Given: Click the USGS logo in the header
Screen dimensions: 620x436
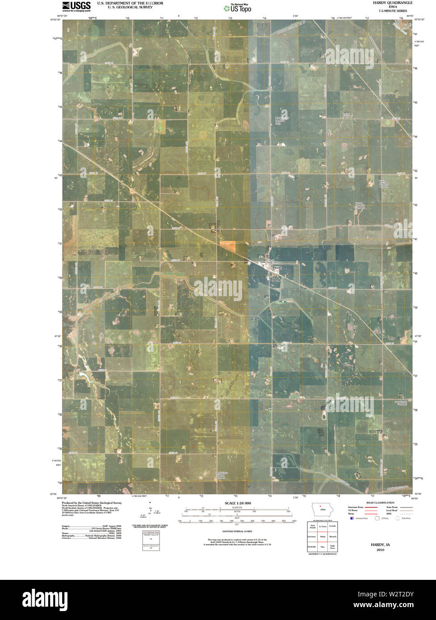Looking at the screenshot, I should [76, 5].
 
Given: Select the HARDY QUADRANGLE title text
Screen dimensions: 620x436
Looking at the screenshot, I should [390, 3].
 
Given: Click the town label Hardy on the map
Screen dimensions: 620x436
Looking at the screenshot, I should [278, 267].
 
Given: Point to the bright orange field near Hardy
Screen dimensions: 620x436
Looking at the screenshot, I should [227, 246].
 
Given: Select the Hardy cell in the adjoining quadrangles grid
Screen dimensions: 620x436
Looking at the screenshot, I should [322, 537].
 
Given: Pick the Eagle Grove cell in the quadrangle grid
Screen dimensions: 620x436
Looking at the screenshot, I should [332, 546].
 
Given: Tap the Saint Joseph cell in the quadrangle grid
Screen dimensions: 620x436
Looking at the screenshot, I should [312, 526].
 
